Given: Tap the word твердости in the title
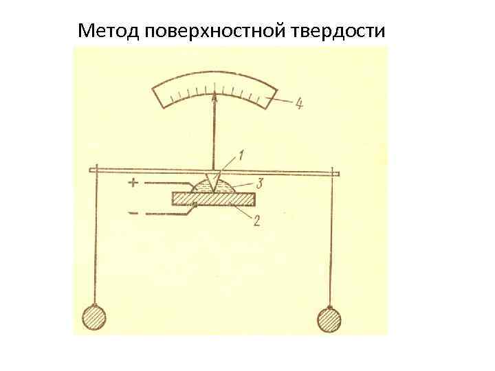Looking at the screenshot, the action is click(340, 31).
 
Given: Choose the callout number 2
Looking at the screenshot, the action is click(256, 221).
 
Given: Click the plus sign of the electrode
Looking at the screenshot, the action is click(133, 183).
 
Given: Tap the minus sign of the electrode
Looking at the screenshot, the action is click(132, 214).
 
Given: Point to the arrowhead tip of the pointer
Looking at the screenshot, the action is click(215, 95).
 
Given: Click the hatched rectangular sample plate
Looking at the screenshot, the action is click(214, 199).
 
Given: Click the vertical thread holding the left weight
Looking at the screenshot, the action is click(96, 240).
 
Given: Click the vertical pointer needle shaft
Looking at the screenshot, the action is click(216, 134).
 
